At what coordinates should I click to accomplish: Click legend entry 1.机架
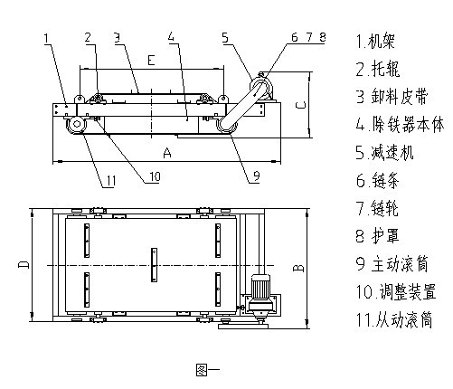[x=375, y=41]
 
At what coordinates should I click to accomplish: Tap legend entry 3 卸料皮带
[x=388, y=96]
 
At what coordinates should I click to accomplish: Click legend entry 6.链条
[x=375, y=181]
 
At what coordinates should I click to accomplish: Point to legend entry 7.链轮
[x=375, y=209]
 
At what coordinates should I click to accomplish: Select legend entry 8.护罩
[x=375, y=237]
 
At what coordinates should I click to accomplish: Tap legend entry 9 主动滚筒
[x=388, y=265]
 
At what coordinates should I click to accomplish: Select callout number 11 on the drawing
[x=109, y=181]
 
